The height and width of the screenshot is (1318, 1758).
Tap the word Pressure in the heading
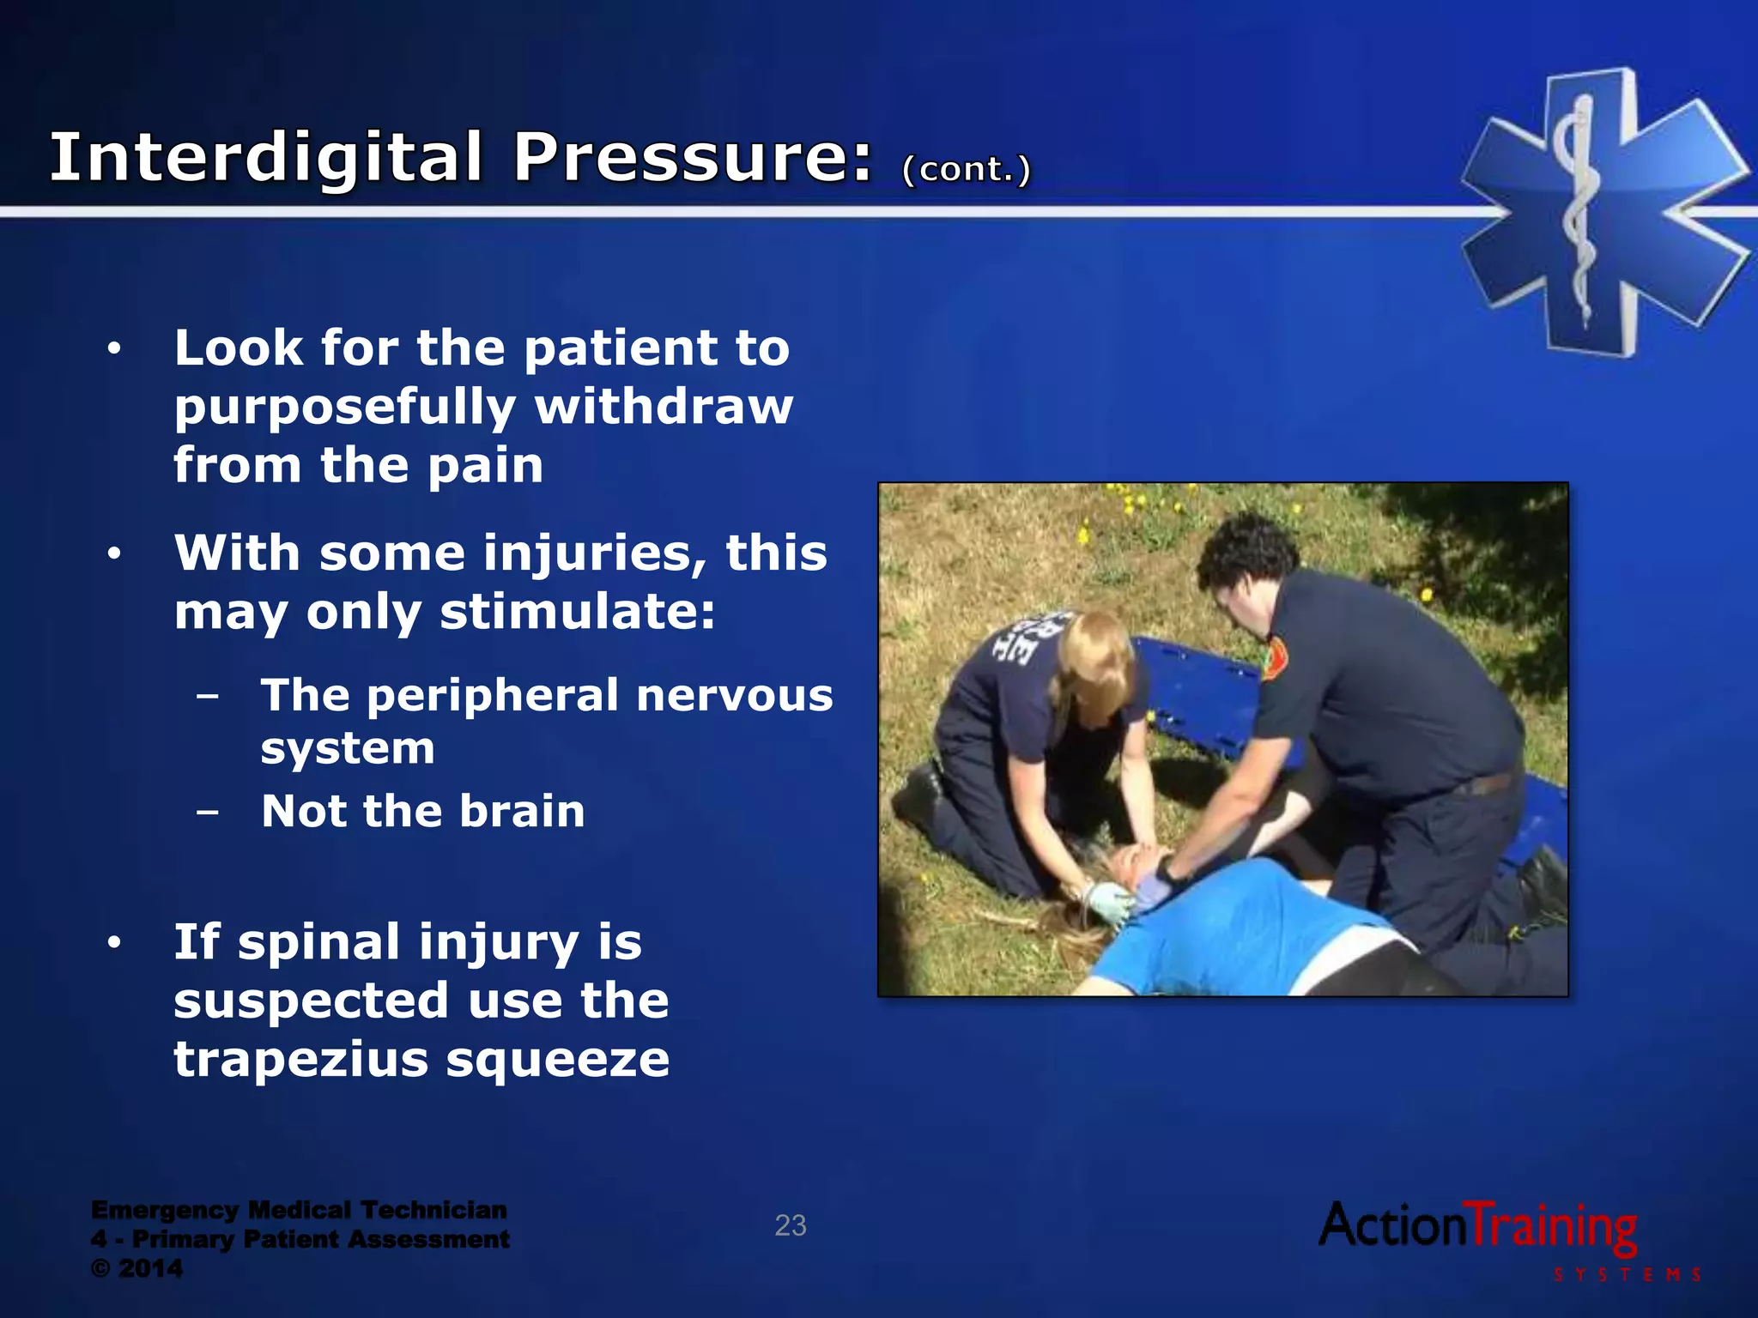pyautogui.click(x=691, y=159)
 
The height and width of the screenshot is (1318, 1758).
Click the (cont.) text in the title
pyautogui.click(x=966, y=169)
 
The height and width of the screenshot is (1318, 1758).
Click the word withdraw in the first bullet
pyautogui.click(x=664, y=406)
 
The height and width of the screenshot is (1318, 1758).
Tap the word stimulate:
pyautogui.click(x=577, y=612)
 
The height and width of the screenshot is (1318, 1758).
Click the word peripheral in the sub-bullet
pyautogui.click(x=493, y=695)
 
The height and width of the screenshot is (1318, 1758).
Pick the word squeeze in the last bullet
pyautogui.click(x=558, y=1061)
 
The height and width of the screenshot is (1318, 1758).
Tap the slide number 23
pyautogui.click(x=790, y=1225)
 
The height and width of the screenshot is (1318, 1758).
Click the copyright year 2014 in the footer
pyautogui.click(x=150, y=1268)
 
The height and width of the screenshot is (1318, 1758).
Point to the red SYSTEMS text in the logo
pyautogui.click(x=1627, y=1275)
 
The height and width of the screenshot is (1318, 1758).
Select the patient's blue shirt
pyautogui.click(x=1245, y=935)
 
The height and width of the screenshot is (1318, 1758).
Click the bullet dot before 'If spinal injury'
pyautogui.click(x=114, y=943)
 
